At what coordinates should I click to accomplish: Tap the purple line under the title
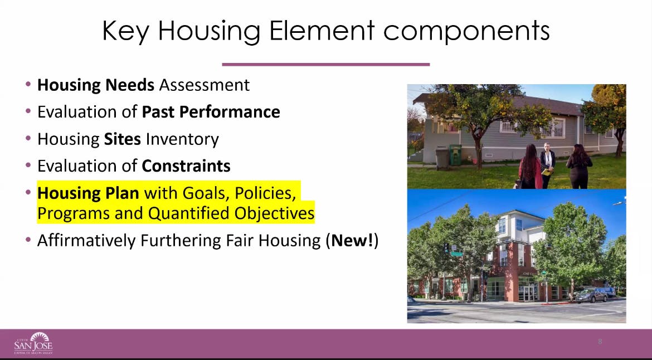coord(325,65)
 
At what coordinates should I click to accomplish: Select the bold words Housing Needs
coord(96,85)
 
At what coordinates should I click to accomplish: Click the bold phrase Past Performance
coord(211,112)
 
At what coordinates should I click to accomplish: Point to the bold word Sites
coord(123,139)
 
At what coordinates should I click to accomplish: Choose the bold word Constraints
coord(186,166)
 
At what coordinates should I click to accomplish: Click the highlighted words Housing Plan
coord(88,193)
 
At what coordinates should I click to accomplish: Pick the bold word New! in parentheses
coord(352,241)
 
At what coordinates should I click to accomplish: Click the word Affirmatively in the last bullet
coord(86,241)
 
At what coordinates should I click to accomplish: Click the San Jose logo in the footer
coord(33,343)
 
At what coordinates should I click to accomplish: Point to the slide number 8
coord(600,342)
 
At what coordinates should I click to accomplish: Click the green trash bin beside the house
coord(455,155)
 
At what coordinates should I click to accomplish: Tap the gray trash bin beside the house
coord(442,158)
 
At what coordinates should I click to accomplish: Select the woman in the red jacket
coord(530,167)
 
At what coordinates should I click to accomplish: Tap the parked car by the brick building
coord(591,295)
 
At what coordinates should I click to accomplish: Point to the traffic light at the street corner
coord(446,248)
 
